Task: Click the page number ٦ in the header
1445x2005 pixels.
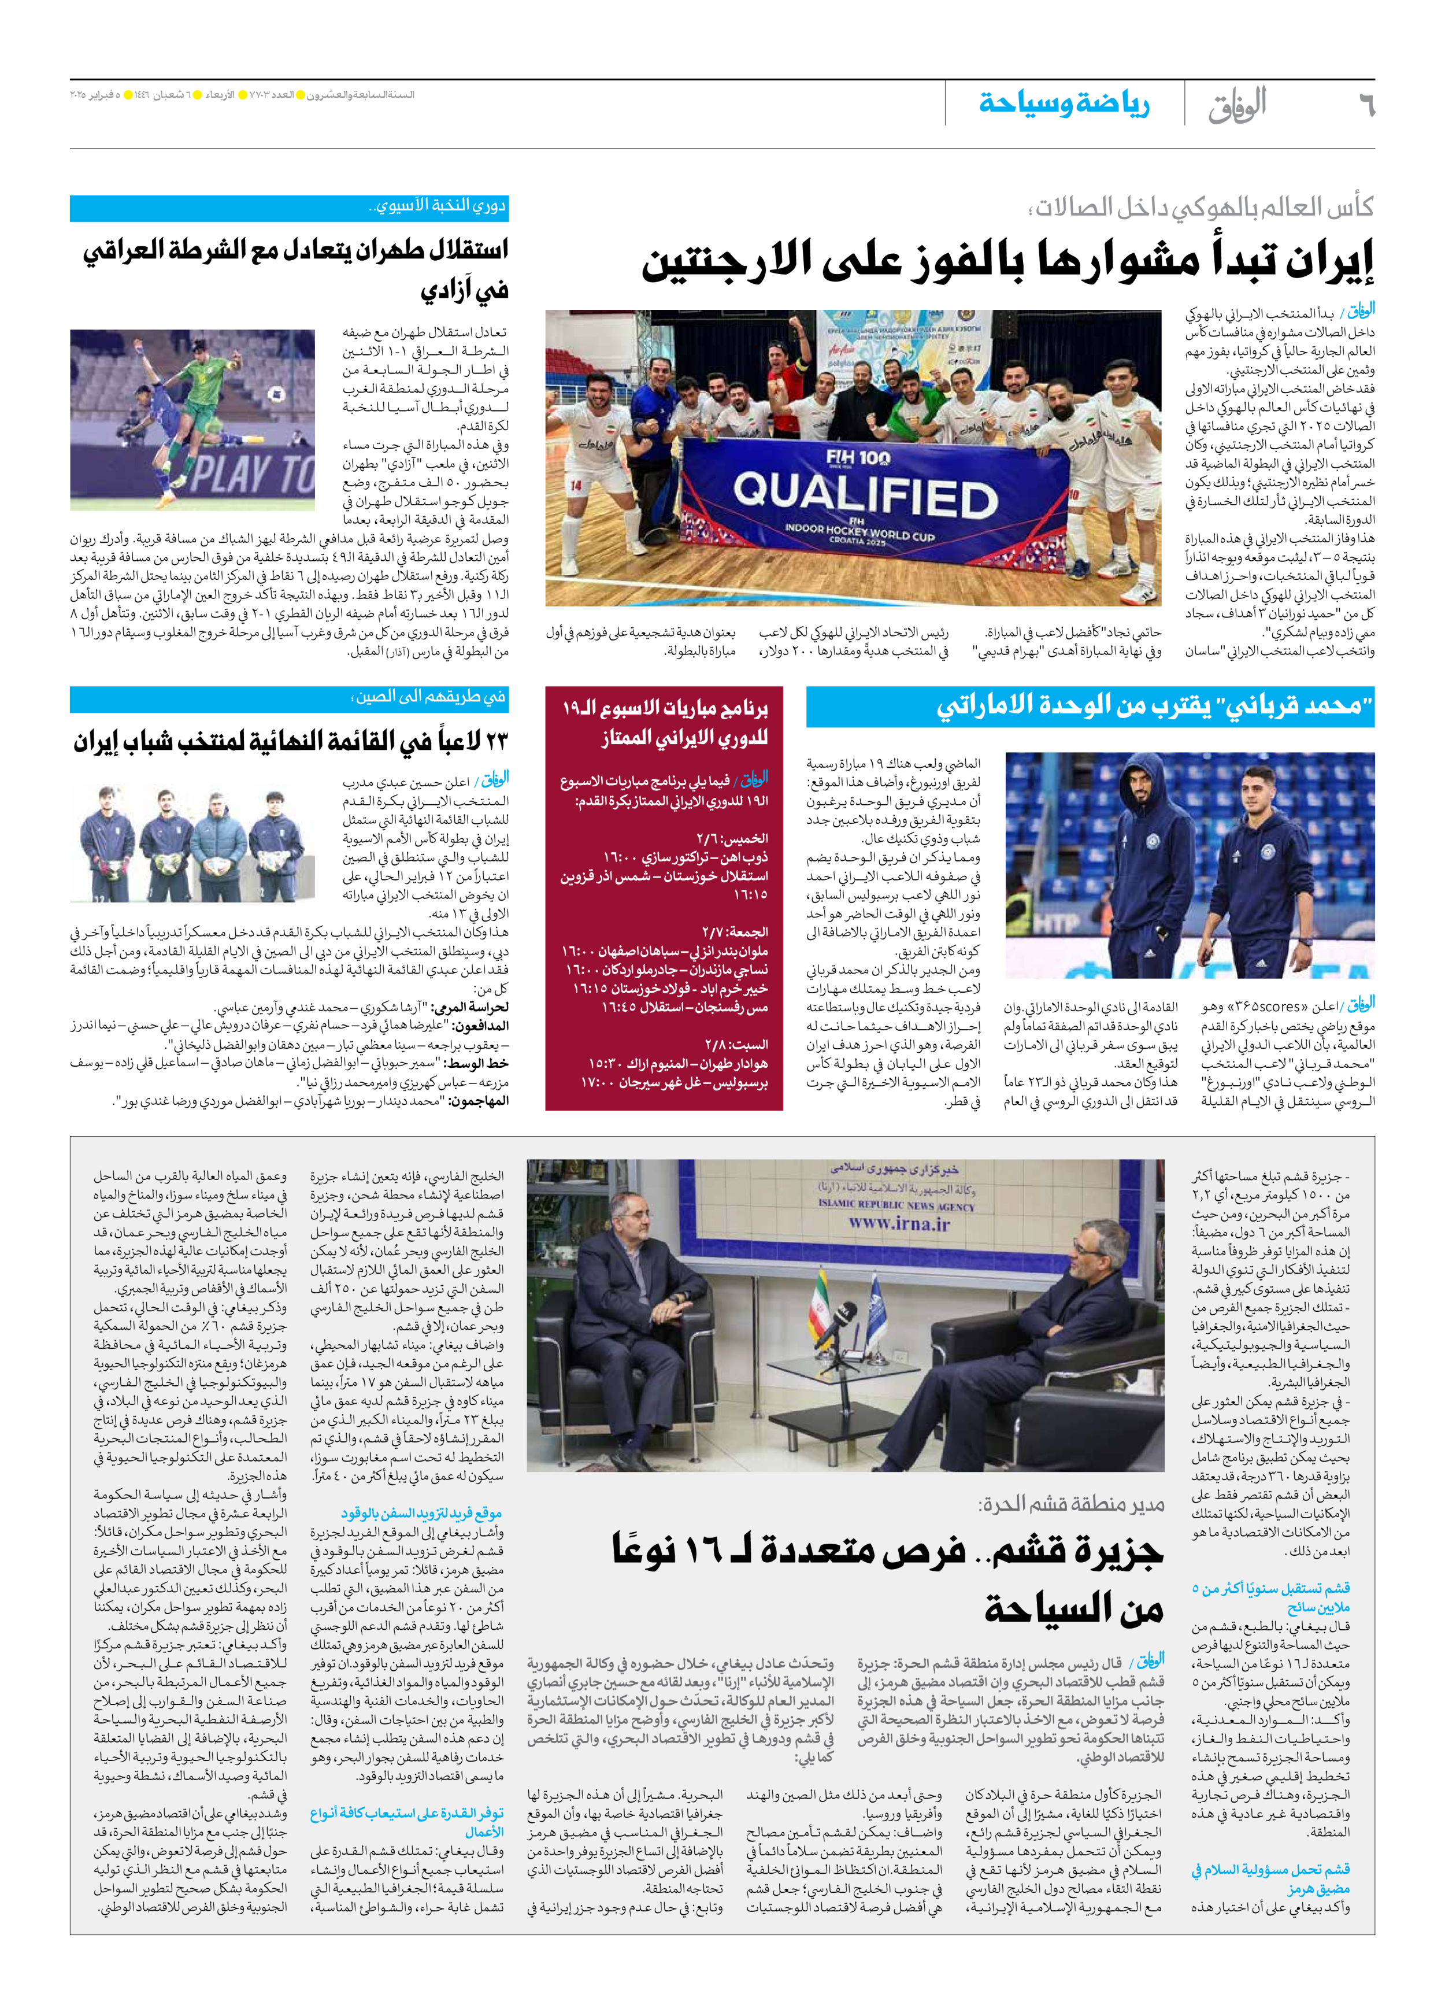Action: [1365, 105]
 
